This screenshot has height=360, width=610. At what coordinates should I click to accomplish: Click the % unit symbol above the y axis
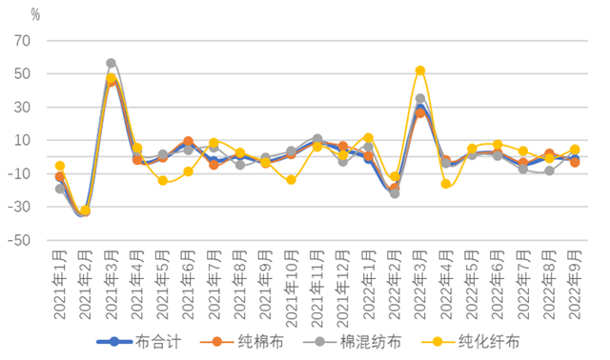click(x=35, y=14)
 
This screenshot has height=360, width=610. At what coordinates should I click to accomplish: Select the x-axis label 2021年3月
click(x=112, y=281)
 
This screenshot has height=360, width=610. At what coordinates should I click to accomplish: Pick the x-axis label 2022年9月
click(x=576, y=281)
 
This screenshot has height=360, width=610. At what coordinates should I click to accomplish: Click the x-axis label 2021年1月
click(x=60, y=281)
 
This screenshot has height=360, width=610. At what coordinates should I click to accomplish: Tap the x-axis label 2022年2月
click(x=395, y=281)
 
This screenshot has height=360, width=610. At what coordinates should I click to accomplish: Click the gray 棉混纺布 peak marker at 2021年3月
click(x=112, y=63)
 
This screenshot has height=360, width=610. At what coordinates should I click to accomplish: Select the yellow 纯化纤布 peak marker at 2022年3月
click(x=420, y=70)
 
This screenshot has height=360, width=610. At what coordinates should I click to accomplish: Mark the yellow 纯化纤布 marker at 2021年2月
click(x=86, y=210)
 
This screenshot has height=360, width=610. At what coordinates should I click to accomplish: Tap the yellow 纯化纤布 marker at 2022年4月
click(x=446, y=184)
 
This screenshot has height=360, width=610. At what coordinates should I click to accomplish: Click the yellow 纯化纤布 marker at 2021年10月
click(x=292, y=180)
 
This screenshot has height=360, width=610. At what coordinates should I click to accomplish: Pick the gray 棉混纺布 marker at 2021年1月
click(x=60, y=189)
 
